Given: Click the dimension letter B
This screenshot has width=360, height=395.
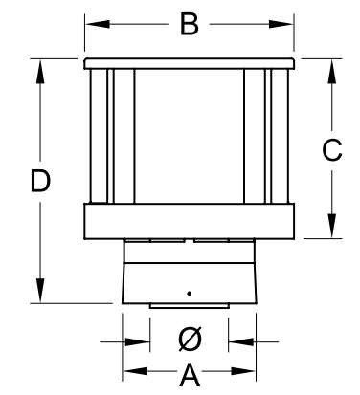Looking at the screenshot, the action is coord(190,24).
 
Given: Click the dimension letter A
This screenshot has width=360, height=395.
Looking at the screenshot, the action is coord(190,375).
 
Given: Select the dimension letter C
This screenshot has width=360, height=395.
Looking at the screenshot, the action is coord(332,149).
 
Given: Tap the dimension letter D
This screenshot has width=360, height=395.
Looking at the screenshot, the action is coord(40,181).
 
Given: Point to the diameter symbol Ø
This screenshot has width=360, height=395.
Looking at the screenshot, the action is coord(190,339).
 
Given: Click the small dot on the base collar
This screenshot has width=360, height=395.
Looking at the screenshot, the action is coord(190,294).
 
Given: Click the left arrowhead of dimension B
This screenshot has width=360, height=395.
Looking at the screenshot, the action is coord(98,24).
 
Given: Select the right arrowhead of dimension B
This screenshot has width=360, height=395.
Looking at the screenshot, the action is coord(281,24).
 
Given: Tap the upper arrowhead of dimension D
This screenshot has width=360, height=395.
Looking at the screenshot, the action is coord(40,72).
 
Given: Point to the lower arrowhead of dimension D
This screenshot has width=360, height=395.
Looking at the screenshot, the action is coord(40,291).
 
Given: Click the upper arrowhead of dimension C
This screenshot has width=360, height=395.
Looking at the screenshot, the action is coord(332,72).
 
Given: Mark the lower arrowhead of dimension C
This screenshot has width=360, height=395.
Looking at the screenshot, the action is coord(332,226).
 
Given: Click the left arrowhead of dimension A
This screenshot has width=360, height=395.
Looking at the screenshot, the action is coord(135,371).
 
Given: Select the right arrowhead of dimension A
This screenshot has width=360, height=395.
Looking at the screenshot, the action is coord(243,371).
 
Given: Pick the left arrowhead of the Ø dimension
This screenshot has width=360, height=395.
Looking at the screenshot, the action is coord(138,342).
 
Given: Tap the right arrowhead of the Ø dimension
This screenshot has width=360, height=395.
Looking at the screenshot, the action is coord(241,342).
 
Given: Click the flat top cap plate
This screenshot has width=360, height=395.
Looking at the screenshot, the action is coord(190,63).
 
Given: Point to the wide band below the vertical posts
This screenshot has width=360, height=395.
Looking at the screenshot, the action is coord(190,221).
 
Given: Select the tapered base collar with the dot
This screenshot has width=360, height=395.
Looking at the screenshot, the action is coord(190,283).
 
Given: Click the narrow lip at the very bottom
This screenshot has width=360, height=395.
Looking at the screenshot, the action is coord(190,306).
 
